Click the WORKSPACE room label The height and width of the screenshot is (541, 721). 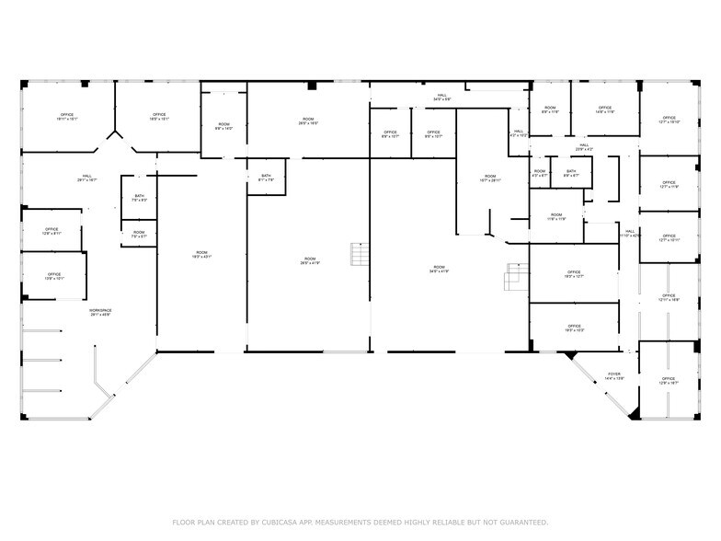coord(99,313)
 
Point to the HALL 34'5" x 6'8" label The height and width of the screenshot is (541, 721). coord(442,97)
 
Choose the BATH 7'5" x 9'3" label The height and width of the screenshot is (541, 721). coord(139,197)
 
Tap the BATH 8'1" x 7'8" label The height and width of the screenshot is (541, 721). coord(266,178)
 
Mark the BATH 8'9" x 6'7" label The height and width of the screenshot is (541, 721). coord(571,173)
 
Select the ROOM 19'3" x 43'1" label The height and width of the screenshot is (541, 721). coord(201,255)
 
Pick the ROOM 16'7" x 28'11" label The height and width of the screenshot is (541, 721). coord(491,178)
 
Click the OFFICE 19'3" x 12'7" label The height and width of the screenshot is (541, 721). coord(574,274)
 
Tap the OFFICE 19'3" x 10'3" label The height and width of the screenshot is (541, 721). coord(574,328)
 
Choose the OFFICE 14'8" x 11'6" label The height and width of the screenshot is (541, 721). coord(605,110)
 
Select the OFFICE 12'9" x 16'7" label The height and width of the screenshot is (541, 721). coord(669,380)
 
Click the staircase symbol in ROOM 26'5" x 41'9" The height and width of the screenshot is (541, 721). coord(358,253)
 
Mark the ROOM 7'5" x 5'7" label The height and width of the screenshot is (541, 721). coord(139,235)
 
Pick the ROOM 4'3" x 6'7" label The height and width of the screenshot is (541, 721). coord(539,173)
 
